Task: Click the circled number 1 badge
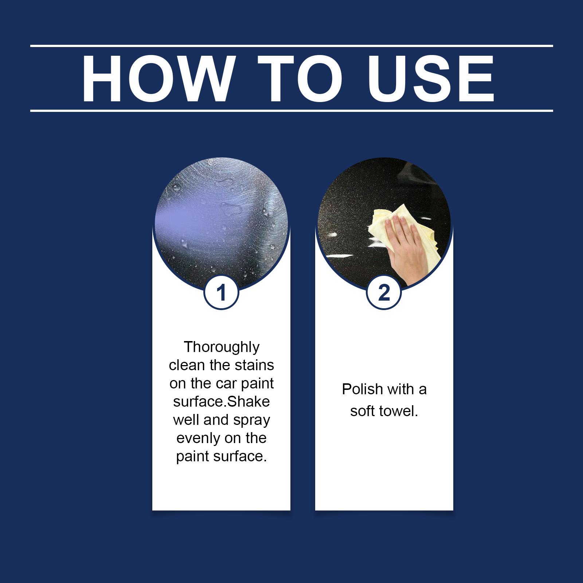pyautogui.click(x=221, y=292)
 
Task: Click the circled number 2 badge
pyautogui.click(x=384, y=292)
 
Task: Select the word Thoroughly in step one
pyautogui.click(x=222, y=347)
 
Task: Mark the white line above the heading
pyautogui.click(x=291, y=46)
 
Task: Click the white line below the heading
pyautogui.click(x=291, y=110)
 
